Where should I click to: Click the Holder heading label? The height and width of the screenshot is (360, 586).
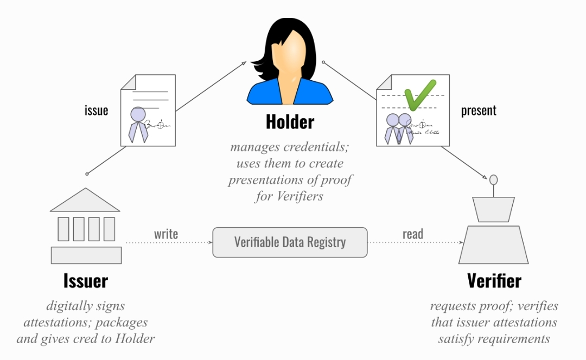(290, 122)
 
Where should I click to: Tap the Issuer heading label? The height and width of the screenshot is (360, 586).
(86, 281)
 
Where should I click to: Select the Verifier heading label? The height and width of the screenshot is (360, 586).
(494, 281)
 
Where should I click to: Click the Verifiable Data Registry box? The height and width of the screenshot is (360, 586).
(290, 242)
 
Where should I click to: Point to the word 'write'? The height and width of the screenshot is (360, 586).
(166, 234)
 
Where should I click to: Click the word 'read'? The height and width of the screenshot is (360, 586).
(413, 234)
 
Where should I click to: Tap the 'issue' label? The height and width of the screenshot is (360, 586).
(96, 111)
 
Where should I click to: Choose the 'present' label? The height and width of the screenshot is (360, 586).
(479, 111)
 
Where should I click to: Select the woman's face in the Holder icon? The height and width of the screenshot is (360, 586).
(289, 54)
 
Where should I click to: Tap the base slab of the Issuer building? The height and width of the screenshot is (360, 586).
(86, 255)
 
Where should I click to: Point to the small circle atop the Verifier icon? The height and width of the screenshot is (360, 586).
(493, 179)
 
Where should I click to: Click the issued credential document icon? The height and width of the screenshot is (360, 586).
(148, 110)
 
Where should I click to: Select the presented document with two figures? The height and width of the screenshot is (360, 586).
(412, 111)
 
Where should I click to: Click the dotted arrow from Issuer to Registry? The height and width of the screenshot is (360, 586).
(169, 242)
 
